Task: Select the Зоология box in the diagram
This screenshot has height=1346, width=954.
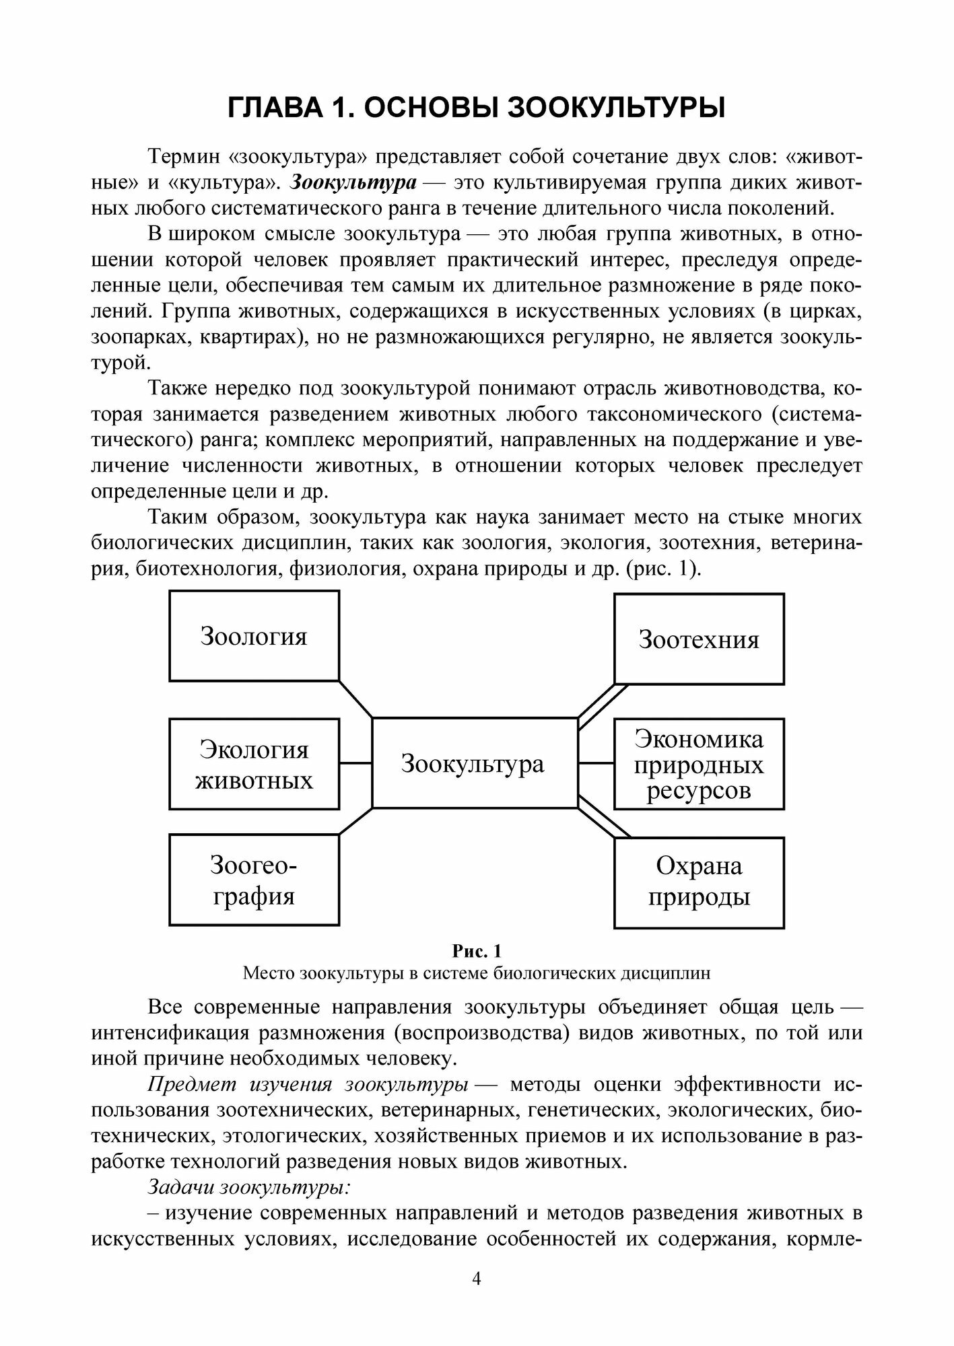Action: pyautogui.click(x=254, y=636)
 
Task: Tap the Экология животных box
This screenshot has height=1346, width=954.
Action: pyautogui.click(x=254, y=764)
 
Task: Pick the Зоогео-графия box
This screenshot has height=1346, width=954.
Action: pyautogui.click(x=254, y=880)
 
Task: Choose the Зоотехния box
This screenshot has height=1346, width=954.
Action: pyautogui.click(x=699, y=639)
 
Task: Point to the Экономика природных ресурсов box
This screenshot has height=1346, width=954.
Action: pyautogui.click(x=699, y=764)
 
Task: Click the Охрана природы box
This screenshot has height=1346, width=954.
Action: pyautogui.click(x=699, y=882)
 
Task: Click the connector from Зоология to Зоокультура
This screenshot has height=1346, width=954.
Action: pyautogui.click(x=355, y=699)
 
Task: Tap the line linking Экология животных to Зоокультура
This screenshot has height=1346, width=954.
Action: pyautogui.click(x=355, y=763)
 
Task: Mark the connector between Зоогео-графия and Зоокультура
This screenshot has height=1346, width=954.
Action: pyautogui.click(x=355, y=821)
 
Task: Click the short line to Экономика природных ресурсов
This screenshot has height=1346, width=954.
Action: pyautogui.click(x=596, y=763)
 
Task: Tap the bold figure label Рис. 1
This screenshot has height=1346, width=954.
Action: pyautogui.click(x=477, y=951)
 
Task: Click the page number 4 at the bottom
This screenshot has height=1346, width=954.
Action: pyautogui.click(x=477, y=1279)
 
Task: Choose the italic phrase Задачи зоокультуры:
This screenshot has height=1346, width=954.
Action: pyautogui.click(x=249, y=1186)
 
